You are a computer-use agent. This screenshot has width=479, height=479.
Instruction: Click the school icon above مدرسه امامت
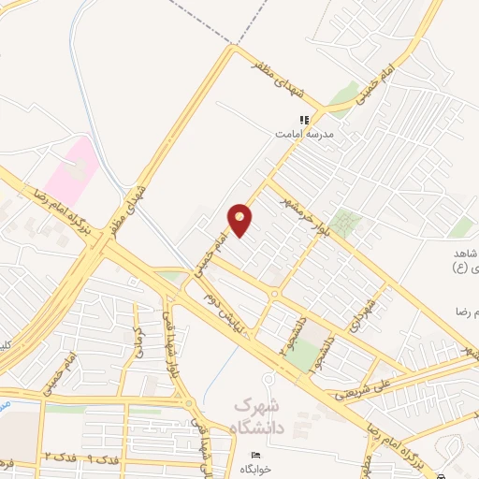pos(303,120)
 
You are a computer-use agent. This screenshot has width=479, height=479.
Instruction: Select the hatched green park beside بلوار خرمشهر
pos(346,223)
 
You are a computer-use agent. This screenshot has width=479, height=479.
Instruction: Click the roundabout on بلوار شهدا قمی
pos(189,404)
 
